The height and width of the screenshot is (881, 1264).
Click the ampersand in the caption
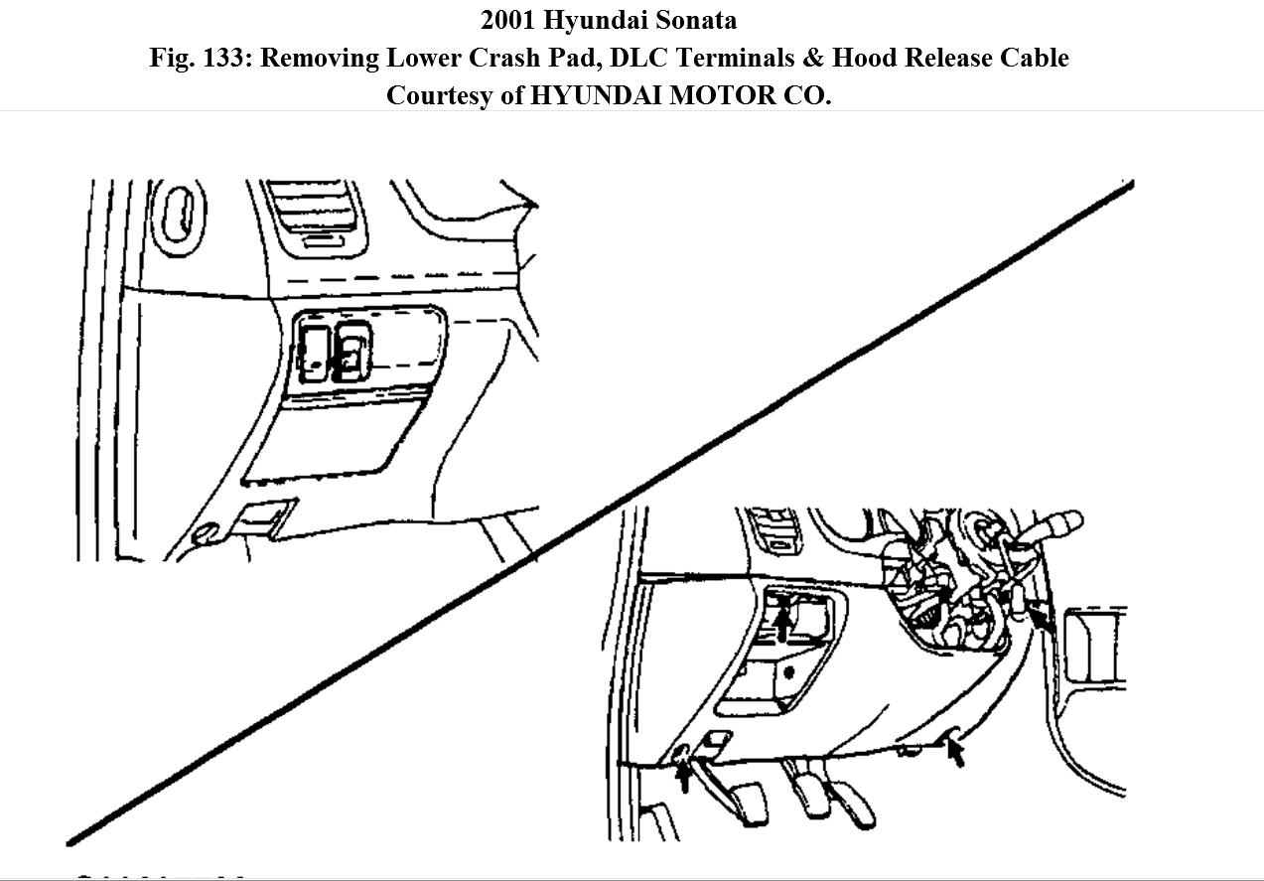tap(813, 58)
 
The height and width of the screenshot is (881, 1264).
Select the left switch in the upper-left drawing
tap(314, 353)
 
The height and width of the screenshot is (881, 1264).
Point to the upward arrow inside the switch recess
tap(783, 625)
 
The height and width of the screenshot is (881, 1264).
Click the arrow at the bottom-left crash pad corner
tap(683, 772)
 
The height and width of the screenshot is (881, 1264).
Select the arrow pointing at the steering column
tap(1041, 622)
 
